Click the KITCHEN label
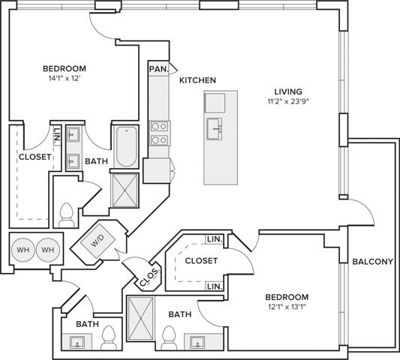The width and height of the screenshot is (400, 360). click(197, 80)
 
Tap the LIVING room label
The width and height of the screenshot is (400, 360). click(288, 91)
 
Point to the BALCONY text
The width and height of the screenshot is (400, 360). click(372, 262)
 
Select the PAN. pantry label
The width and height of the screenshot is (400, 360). click(159, 69)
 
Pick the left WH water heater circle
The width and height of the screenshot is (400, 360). click(23, 250)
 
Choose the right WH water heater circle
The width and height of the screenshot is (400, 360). click(48, 250)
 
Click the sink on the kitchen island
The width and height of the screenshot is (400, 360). click(214, 129)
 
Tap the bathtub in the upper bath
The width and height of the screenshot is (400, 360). click(126, 146)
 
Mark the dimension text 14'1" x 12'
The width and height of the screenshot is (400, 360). click(65, 79)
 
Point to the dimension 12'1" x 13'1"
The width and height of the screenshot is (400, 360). click(287, 307)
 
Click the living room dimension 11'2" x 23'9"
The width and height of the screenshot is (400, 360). click(288, 101)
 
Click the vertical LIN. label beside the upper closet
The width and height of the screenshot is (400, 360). click(57, 135)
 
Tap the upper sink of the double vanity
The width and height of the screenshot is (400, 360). click(74, 134)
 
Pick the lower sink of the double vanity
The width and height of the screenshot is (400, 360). click(74, 161)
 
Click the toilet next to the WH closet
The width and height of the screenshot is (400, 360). click(66, 215)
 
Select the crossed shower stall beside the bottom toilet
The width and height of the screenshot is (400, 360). click(140, 319)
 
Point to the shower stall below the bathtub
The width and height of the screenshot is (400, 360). click(125, 190)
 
